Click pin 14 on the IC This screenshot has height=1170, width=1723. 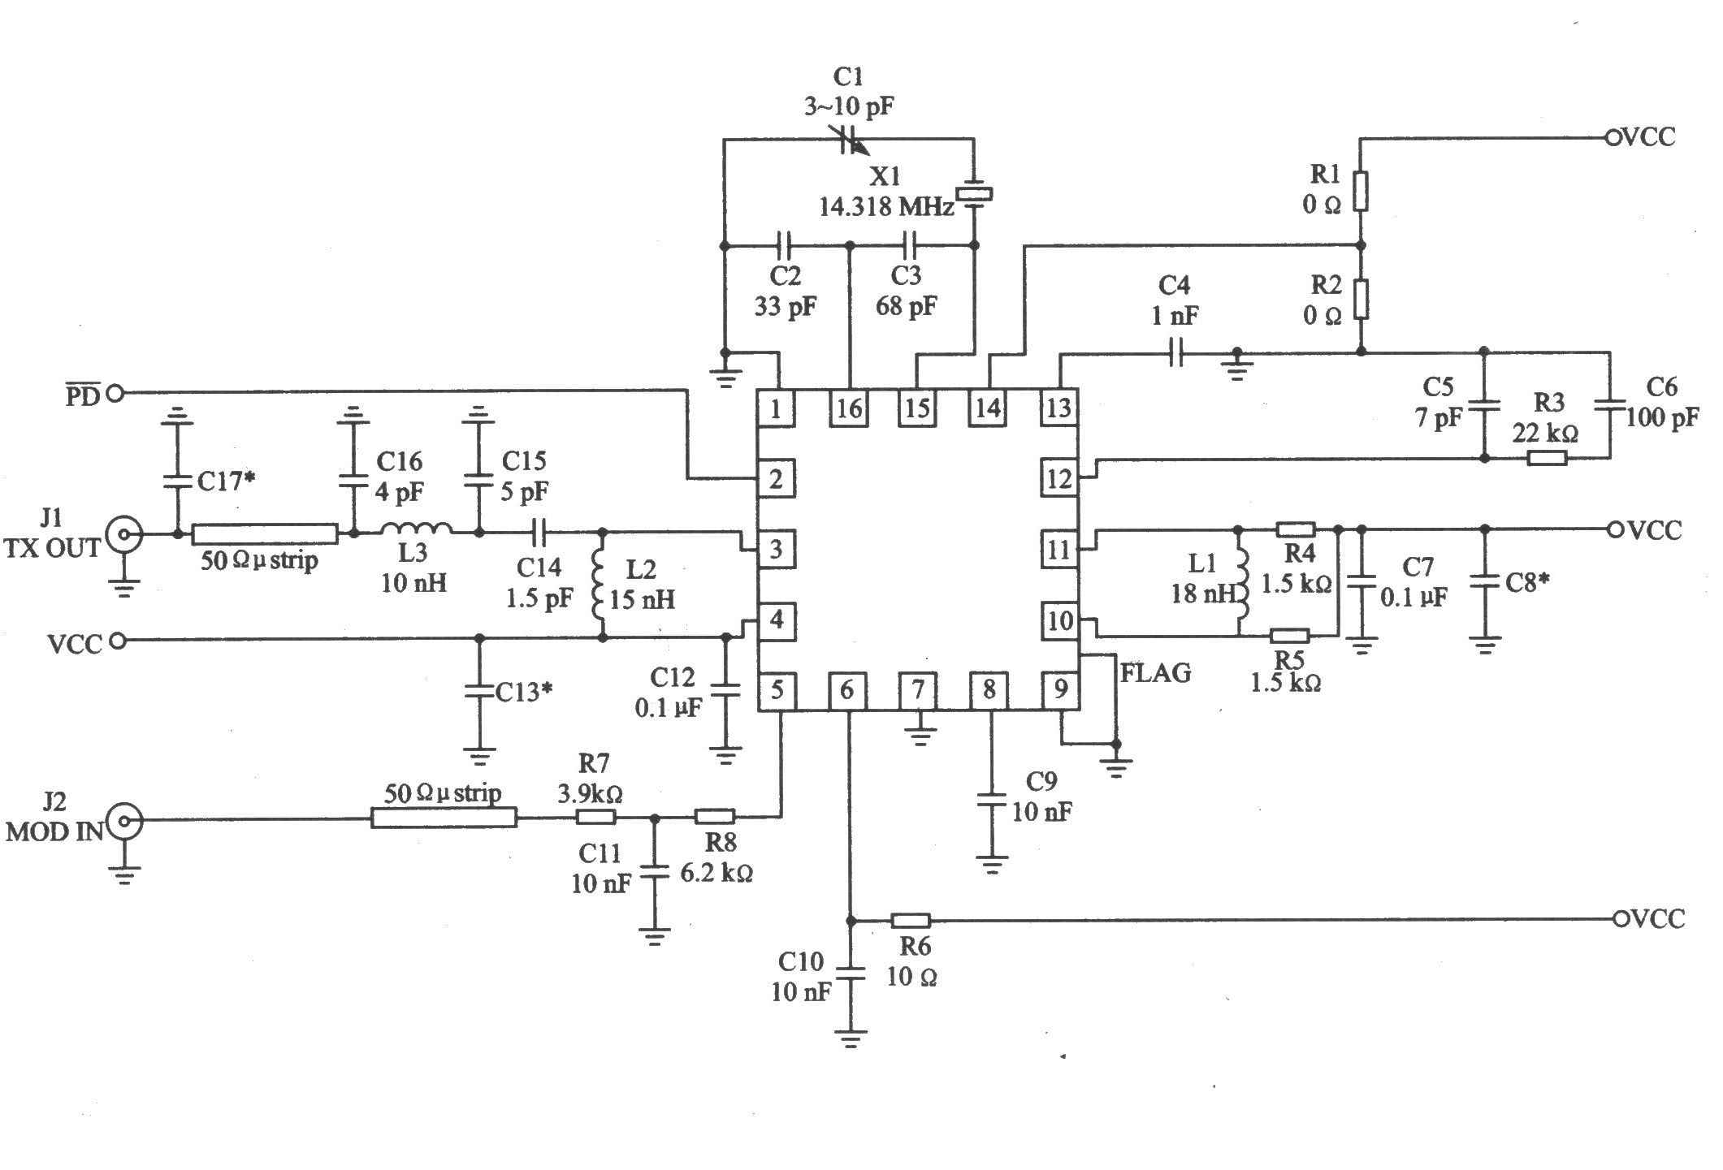tap(988, 408)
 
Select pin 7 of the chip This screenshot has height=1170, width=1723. tap(918, 690)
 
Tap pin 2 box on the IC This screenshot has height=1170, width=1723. tap(777, 479)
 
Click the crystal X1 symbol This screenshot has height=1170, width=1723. tap(974, 194)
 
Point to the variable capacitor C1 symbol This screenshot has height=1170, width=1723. tap(850, 140)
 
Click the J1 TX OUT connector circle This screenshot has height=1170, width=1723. tap(125, 534)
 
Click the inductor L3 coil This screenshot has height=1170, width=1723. tap(417, 528)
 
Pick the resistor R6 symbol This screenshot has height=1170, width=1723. tap(911, 920)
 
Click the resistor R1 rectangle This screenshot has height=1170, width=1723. tap(1362, 192)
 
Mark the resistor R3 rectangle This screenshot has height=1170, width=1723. tap(1547, 458)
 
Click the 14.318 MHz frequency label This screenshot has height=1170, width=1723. tap(886, 207)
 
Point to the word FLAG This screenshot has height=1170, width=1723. tap(1155, 672)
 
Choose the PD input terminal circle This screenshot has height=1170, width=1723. tap(115, 394)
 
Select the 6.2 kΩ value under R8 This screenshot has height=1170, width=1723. tap(716, 873)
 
